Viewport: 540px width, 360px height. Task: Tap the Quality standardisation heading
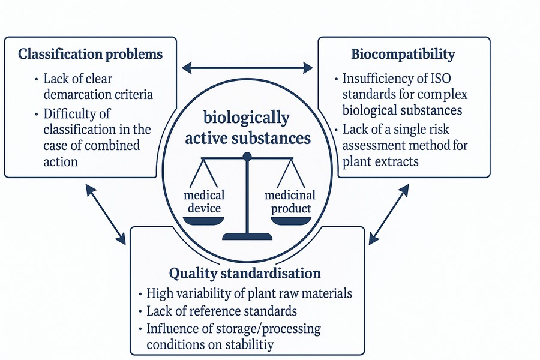point(245,274)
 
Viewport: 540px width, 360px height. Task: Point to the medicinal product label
point(290,202)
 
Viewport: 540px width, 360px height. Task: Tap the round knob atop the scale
point(247,157)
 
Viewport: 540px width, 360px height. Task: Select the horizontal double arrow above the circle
point(247,67)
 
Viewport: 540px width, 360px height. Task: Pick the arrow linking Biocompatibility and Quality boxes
point(388,214)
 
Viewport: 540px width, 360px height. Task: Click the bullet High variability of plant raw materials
point(249,294)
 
